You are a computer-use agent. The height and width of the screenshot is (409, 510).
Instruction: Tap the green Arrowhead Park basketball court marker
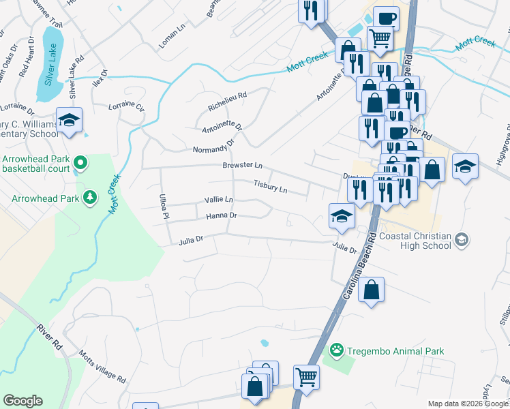coord(80,163)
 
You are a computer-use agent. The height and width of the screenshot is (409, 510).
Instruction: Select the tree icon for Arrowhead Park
coord(89,198)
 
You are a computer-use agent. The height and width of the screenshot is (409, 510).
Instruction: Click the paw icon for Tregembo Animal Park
coord(336,351)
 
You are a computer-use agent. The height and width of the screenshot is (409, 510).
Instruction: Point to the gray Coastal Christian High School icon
coord(462,239)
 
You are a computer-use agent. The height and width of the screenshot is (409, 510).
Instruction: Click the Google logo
coord(23,401)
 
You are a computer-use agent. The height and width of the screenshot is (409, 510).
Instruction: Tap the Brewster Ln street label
coord(242,166)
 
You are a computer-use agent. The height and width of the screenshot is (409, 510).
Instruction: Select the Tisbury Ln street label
coord(271,185)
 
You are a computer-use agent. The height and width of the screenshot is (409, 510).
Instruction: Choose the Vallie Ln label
coord(219,200)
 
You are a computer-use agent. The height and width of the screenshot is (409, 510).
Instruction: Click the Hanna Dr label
coord(221,215)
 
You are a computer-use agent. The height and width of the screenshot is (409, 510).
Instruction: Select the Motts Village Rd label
coord(102,369)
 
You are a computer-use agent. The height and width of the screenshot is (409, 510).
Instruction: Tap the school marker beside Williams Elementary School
coord(69,120)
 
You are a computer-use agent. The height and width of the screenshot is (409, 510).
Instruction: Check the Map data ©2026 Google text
coord(468,404)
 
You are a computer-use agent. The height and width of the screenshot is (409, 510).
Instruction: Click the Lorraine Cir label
coord(127,108)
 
